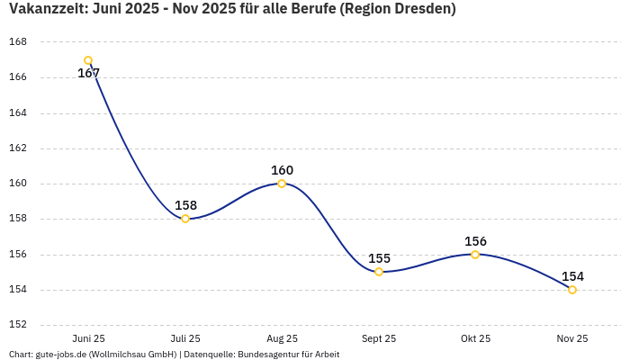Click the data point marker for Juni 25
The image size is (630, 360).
coord(88,60)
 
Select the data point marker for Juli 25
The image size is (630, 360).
coord(185,219)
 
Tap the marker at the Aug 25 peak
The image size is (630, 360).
coord(282,184)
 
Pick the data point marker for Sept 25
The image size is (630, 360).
coord(379,272)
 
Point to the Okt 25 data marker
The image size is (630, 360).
coord(475,255)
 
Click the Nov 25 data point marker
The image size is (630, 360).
coord(572,290)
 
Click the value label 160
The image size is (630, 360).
coord(282,170)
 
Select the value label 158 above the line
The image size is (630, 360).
coord(185,205)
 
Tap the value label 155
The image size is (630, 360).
coord(379,258)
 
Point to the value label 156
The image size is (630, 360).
coord(475,241)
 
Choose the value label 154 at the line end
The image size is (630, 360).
coord(572,276)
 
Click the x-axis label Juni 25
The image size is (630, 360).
coord(88,338)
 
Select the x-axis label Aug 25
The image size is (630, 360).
coord(282,338)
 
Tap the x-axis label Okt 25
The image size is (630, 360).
coord(475,338)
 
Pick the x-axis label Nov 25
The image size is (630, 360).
coord(572,338)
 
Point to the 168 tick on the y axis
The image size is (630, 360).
coord(18,42)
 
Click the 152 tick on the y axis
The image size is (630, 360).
coord(18,325)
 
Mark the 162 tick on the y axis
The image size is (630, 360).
coord(18,148)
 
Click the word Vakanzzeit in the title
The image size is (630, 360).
coord(48,10)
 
